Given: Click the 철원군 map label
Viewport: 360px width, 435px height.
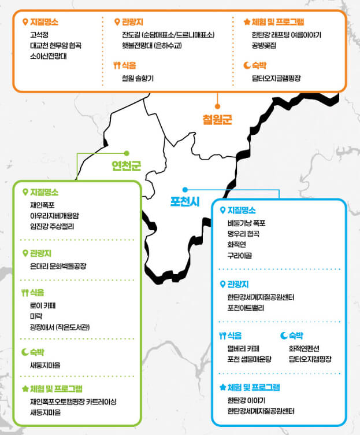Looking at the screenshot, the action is click(x=217, y=120).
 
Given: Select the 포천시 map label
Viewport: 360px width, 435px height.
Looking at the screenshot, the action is click(x=185, y=201).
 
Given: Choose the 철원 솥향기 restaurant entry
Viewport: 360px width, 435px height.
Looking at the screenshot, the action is click(x=138, y=78).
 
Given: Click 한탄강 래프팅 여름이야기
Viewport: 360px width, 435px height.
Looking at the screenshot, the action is click(x=286, y=35).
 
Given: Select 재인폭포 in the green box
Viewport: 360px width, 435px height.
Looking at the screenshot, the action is click(x=43, y=205).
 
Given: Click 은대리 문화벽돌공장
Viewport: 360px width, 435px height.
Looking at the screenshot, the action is click(x=58, y=266).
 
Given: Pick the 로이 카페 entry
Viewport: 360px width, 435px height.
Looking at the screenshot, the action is click(x=42, y=305).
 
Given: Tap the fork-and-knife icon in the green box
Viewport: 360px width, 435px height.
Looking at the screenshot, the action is click(x=24, y=292).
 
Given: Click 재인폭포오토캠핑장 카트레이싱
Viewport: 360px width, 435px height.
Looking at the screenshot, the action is click(x=73, y=401).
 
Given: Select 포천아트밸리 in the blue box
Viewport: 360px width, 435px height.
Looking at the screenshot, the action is click(x=246, y=308).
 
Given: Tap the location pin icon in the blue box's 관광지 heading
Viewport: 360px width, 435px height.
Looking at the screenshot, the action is click(x=222, y=284).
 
